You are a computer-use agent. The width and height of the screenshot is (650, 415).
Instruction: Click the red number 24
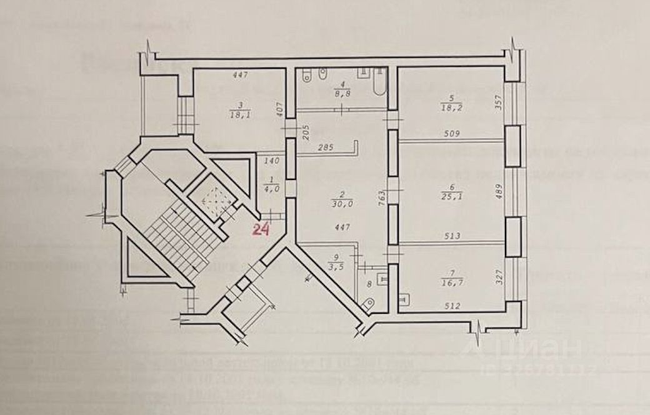point(260,229)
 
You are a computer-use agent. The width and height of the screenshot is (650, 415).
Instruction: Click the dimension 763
point(381,196)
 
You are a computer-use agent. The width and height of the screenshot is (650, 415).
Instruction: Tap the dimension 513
point(454,236)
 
